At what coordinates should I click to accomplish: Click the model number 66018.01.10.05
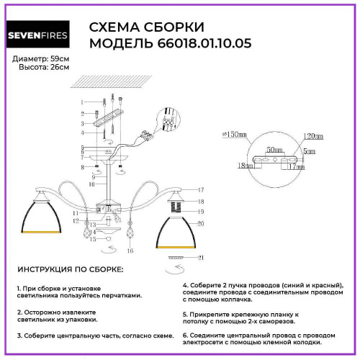point(199,43)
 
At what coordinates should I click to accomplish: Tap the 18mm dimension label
point(246,165)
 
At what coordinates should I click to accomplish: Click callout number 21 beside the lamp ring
point(202,257)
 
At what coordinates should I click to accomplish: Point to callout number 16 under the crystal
point(130,251)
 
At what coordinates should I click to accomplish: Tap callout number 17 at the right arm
point(202,190)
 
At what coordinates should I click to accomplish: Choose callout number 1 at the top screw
point(83,102)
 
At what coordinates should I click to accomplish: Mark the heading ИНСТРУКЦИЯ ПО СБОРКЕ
point(69,269)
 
